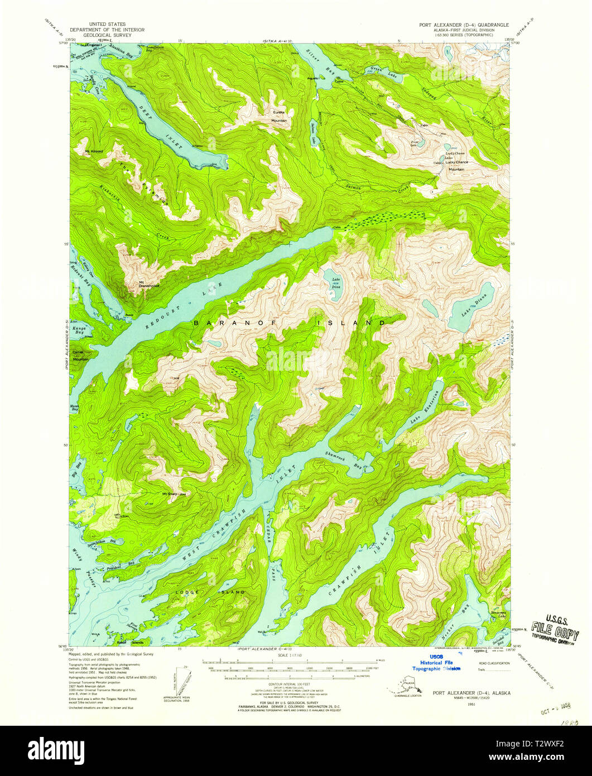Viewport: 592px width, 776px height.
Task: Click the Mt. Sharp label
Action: [x=170, y=494]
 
